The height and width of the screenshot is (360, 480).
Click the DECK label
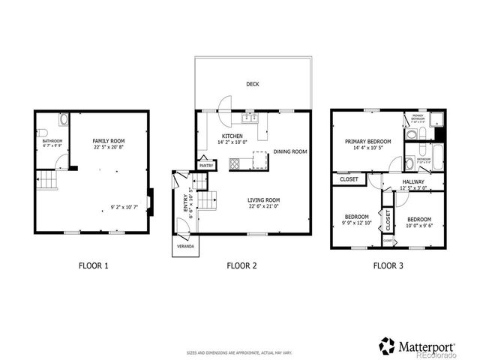click(x=253, y=85)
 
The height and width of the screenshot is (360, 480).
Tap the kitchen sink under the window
click(x=250, y=118)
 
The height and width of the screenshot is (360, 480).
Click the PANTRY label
click(x=205, y=166)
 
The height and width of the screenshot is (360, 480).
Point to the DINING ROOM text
click(x=290, y=151)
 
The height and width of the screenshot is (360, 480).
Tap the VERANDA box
click(x=184, y=245)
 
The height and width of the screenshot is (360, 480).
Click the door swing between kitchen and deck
click(x=223, y=106)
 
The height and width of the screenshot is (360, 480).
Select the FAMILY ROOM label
click(x=109, y=141)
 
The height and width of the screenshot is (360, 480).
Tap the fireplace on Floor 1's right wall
click(x=151, y=200)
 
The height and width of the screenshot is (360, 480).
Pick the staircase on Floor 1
click(x=47, y=180)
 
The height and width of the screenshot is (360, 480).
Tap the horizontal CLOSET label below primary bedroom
click(x=349, y=180)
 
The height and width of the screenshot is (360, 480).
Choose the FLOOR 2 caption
click(x=242, y=265)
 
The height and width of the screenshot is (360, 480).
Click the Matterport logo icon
click(x=387, y=346)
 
